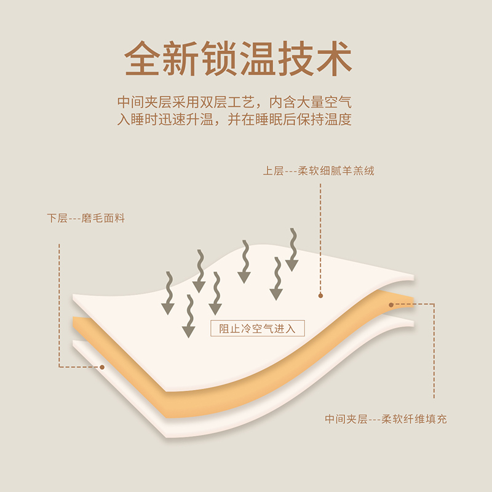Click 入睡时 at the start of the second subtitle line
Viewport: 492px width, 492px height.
(x=140, y=119)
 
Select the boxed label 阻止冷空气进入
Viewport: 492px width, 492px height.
(x=258, y=328)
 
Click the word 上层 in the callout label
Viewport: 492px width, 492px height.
(x=272, y=171)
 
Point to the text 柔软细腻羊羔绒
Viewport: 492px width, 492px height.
(x=336, y=171)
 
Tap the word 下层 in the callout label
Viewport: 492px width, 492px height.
(x=57, y=218)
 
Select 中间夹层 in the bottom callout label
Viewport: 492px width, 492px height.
(x=346, y=419)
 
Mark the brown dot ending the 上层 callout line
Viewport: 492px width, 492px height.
(x=320, y=296)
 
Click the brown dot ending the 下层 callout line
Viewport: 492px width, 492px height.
(x=102, y=367)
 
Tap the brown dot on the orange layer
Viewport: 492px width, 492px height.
(x=391, y=304)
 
